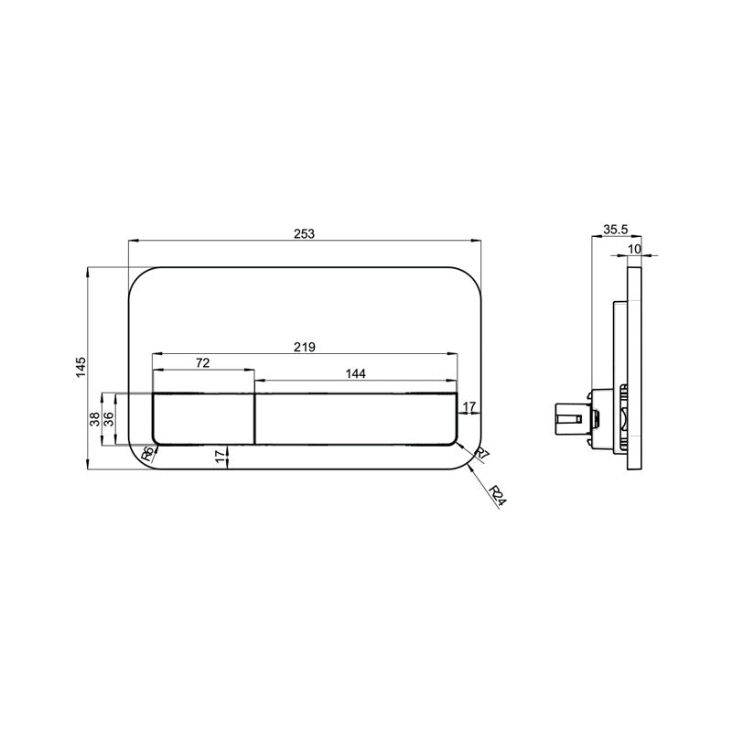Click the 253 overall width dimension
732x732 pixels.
pos(305,234)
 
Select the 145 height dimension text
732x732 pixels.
pos(81,366)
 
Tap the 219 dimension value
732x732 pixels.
pos(305,347)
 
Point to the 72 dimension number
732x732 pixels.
pos(203,363)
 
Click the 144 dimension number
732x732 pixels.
pos(356,373)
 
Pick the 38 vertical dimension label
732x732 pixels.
pos(94,419)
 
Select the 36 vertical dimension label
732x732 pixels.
pos(108,419)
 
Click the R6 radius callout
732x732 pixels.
pos(147,454)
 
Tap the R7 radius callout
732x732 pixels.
pos(482,455)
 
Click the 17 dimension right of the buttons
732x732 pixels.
pos(468,406)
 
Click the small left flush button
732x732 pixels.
pos(202,417)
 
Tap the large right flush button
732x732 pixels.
pos(355,417)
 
